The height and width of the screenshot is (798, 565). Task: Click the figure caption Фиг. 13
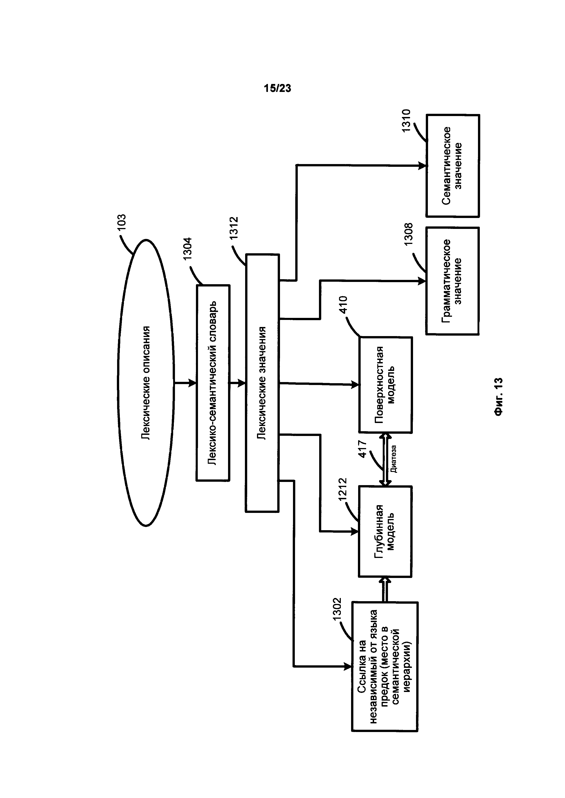pyautogui.click(x=498, y=396)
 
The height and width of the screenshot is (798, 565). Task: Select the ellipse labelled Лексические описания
pyautogui.click(x=146, y=383)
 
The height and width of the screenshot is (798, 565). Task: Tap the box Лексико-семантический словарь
pyautogui.click(x=213, y=383)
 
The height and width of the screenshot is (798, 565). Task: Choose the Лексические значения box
pyautogui.click(x=262, y=383)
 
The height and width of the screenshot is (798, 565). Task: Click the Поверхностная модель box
pyautogui.click(x=385, y=385)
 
